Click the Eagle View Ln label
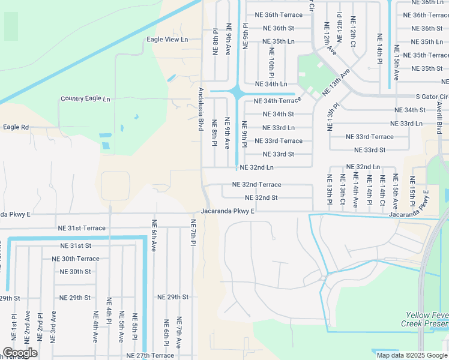tap(167, 40)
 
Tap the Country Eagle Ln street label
tap(85, 99)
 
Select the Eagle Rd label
tap(16, 127)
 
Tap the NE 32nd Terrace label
tap(256, 185)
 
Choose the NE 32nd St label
tap(261, 198)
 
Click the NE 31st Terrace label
tap(82, 229)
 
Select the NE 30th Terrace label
tap(76, 259)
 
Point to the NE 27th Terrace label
tap(150, 356)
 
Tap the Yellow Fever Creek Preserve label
tap(426, 319)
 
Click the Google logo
tap(19, 353)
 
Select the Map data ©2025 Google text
tap(412, 355)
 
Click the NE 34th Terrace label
tap(278, 101)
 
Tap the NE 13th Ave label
tap(336, 82)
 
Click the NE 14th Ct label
tap(382, 190)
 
